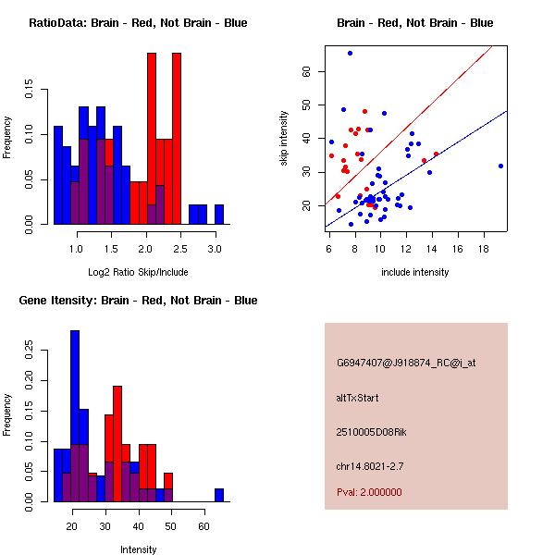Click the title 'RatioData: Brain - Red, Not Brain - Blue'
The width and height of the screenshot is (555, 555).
[x=138, y=23]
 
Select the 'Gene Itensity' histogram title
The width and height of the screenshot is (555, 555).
[x=138, y=301]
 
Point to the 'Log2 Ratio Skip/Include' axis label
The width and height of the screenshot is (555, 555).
[x=138, y=271]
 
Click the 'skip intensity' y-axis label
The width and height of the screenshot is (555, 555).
[x=284, y=139]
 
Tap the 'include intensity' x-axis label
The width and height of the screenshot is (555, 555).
[x=415, y=272]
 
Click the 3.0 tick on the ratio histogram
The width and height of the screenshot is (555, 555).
[x=215, y=250]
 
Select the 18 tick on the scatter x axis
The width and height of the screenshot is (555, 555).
[x=484, y=250]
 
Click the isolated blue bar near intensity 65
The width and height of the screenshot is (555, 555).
[x=219, y=495]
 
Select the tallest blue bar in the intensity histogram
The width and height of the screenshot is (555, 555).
[x=75, y=416]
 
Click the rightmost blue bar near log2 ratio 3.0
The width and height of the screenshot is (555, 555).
[x=219, y=215]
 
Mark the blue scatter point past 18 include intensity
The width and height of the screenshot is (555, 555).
[x=500, y=166]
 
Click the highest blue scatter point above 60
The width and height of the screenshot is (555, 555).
[x=350, y=54]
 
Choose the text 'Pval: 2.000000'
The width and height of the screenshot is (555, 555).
[x=369, y=492]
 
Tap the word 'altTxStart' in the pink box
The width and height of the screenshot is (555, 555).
[x=358, y=398]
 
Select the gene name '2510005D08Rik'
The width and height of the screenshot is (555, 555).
[x=367, y=432]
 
